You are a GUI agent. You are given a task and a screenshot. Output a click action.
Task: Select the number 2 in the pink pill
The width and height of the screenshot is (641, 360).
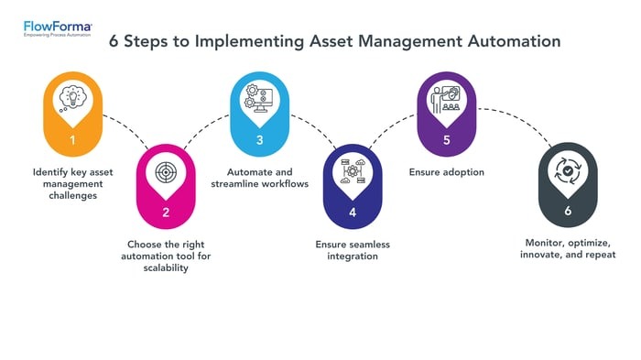pyautogui.click(x=166, y=213)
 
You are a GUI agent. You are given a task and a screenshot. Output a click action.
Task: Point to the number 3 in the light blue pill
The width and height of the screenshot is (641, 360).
pyautogui.click(x=259, y=140)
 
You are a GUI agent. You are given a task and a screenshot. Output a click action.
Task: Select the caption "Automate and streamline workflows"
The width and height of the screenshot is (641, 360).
pyautogui.click(x=259, y=177)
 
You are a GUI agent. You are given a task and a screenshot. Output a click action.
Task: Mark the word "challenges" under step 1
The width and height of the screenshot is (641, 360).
pyautogui.click(x=71, y=195)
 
